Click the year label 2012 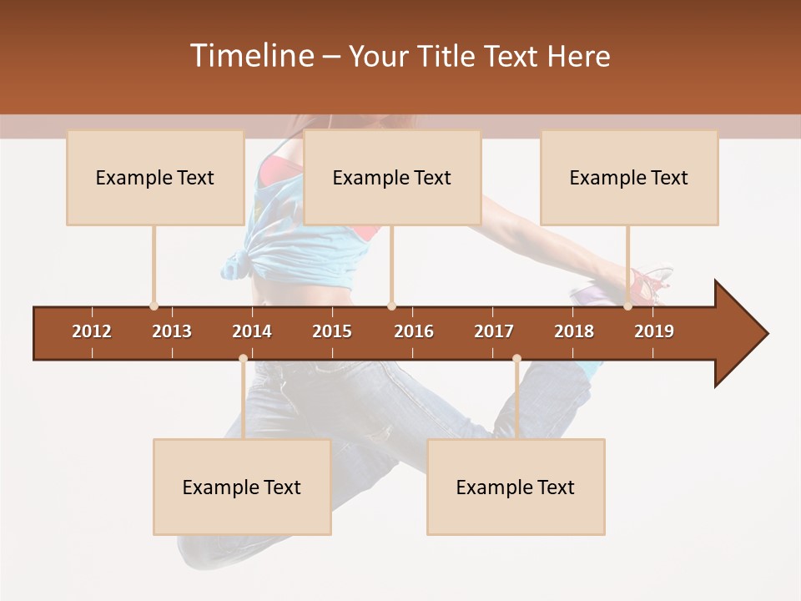click(x=92, y=331)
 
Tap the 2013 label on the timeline click(x=172, y=331)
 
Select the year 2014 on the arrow click(x=252, y=331)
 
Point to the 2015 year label click(x=332, y=331)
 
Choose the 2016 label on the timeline click(x=414, y=331)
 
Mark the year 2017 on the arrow click(x=494, y=331)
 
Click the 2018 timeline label click(x=574, y=331)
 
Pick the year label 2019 click(x=654, y=331)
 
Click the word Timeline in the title click(x=249, y=56)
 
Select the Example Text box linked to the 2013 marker click(x=155, y=177)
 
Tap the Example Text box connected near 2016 click(x=392, y=177)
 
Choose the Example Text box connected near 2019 click(x=629, y=177)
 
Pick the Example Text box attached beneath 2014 click(x=242, y=487)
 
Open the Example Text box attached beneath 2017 click(x=516, y=487)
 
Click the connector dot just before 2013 click(x=154, y=306)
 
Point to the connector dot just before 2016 click(x=391, y=306)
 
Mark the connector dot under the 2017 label click(x=516, y=359)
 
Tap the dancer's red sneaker click(x=649, y=285)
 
